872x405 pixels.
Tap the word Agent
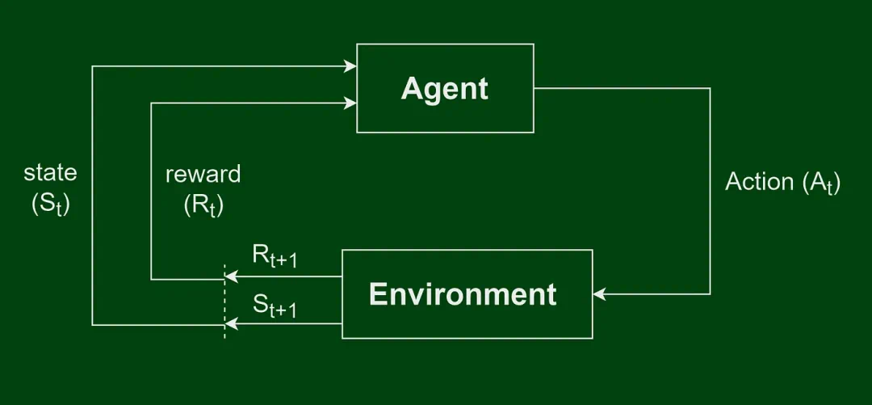[445, 88]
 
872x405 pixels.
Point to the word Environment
[463, 294]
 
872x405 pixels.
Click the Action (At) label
[782, 183]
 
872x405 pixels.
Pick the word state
[51, 172]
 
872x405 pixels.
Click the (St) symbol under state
[51, 205]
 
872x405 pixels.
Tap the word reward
[203, 175]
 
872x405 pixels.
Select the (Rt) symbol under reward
[203, 206]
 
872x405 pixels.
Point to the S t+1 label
[275, 306]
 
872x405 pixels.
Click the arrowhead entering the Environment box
[599, 294]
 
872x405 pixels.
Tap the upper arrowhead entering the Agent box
[350, 66]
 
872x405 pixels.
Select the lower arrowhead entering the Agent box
[350, 103]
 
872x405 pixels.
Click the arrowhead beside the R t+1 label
[231, 276]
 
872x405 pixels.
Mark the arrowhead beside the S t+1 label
[231, 324]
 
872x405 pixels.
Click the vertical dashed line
[224, 299]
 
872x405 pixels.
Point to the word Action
[759, 182]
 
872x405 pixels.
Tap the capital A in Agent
[411, 88]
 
